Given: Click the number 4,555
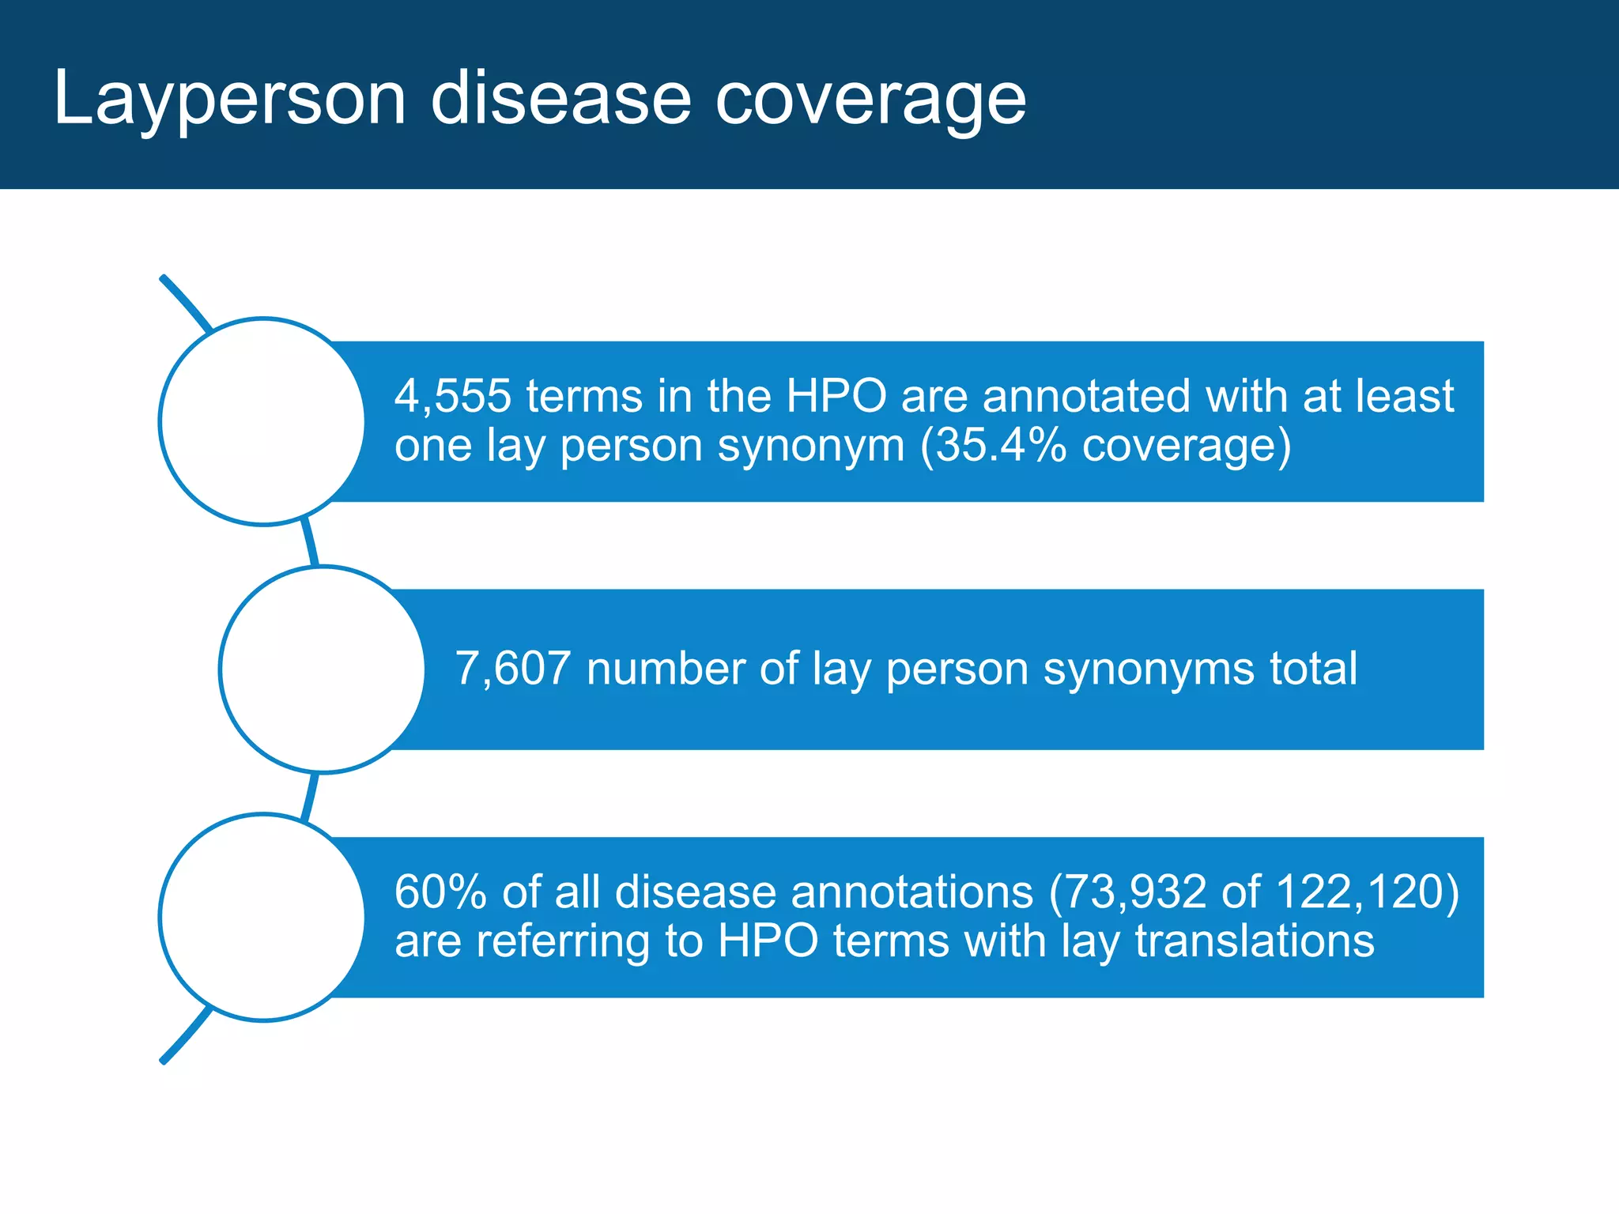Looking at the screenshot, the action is (x=452, y=396).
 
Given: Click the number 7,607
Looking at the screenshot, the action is (x=512, y=669).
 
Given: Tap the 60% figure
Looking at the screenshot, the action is (x=440, y=892).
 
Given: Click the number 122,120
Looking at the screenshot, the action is (x=1358, y=892).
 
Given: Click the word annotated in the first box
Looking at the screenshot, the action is (x=1086, y=396).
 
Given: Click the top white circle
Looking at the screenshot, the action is (x=262, y=421).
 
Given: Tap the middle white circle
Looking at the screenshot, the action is (x=323, y=669).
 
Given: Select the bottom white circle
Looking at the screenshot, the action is (x=262, y=917).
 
